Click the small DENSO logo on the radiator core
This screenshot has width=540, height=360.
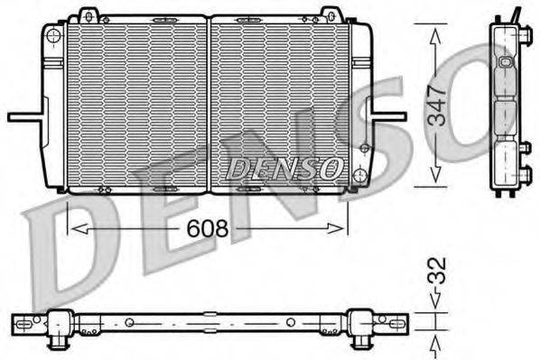coord(284,167)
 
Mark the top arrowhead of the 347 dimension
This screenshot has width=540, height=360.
coord(437,33)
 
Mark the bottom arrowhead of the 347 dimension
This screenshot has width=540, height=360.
coord(437,178)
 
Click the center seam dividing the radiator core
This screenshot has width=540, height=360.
coord(209,104)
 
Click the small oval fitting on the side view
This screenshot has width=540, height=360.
coord(505,64)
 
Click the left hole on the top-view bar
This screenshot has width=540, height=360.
coord(130,322)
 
